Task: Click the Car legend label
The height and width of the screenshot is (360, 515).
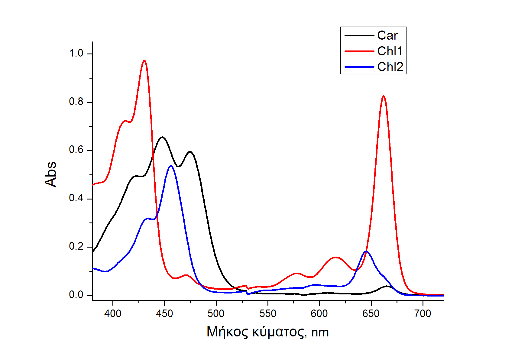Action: pyautogui.click(x=387, y=36)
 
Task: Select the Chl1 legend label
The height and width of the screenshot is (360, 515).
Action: pyautogui.click(x=390, y=51)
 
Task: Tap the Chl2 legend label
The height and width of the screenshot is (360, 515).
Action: pyautogui.click(x=390, y=67)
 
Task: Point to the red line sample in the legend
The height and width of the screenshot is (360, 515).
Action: pyautogui.click(x=359, y=51)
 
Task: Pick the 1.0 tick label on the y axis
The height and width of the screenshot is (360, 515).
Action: pyautogui.click(x=76, y=54)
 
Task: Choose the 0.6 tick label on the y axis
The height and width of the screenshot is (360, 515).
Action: pyautogui.click(x=76, y=150)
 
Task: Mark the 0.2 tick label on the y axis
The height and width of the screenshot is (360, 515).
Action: pyautogui.click(x=76, y=247)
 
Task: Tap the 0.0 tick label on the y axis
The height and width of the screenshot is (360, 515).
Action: pyautogui.click(x=76, y=295)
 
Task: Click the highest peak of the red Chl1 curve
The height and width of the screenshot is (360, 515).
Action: pyautogui.click(x=144, y=61)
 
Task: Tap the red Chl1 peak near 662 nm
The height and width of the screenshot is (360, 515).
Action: pyautogui.click(x=384, y=96)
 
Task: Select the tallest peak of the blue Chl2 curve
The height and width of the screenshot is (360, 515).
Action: pyautogui.click(x=171, y=166)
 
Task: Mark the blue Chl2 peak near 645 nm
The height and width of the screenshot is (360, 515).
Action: pyautogui.click(x=366, y=251)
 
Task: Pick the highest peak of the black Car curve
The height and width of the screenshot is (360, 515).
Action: pyautogui.click(x=162, y=137)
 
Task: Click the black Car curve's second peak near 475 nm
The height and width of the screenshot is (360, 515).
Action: pyautogui.click(x=190, y=152)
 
